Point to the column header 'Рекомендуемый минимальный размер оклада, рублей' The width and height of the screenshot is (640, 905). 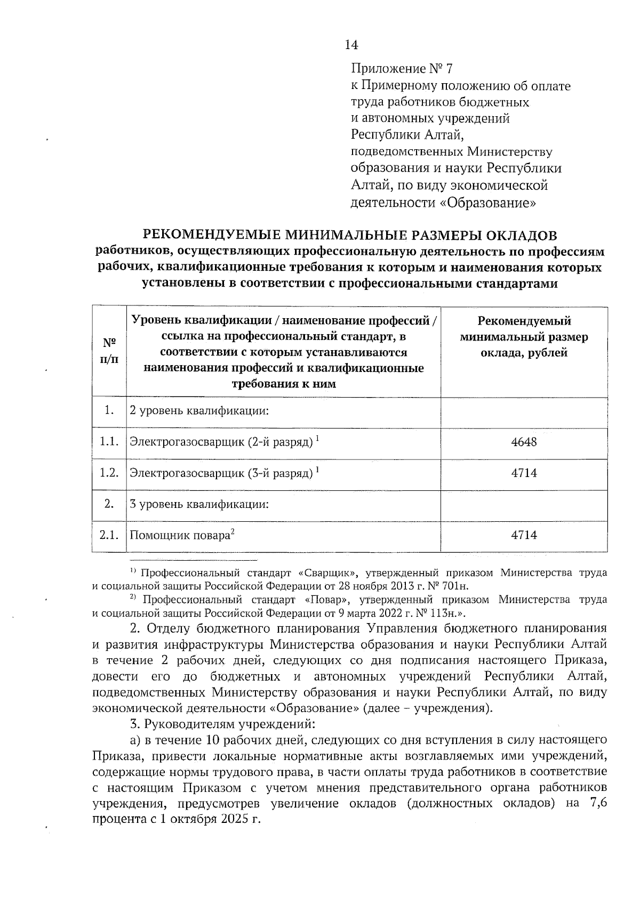[524, 337]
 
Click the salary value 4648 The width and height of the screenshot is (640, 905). [524, 442]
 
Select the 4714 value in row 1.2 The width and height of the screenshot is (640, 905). [524, 473]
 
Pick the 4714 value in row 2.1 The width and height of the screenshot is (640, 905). [524, 535]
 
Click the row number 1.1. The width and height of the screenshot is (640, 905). [109, 442]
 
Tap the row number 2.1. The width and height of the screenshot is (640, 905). [109, 535]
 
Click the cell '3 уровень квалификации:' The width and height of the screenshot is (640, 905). [198, 504]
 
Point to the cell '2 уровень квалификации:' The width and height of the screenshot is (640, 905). [198, 411]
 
